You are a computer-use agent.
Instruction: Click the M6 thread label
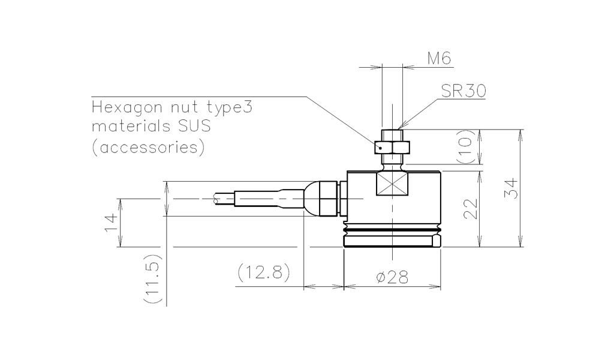pyautogui.click(x=439, y=58)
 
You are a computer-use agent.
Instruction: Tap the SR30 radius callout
pyautogui.click(x=463, y=91)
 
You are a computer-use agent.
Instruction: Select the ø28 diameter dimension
pyautogui.click(x=392, y=277)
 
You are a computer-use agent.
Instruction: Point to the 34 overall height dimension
pyautogui.click(x=511, y=188)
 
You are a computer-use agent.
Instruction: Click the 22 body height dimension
pyautogui.click(x=471, y=209)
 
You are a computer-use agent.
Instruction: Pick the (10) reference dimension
pyautogui.click(x=465, y=146)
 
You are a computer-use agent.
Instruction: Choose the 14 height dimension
pyautogui.click(x=111, y=223)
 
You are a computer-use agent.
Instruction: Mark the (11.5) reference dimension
pyautogui.click(x=152, y=278)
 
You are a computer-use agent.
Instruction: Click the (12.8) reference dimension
pyautogui.click(x=264, y=272)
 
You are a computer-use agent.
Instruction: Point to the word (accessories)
pyautogui.click(x=148, y=147)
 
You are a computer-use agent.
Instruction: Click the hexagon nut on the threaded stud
pyautogui.click(x=392, y=147)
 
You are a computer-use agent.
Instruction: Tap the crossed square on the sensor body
pyautogui.click(x=392, y=184)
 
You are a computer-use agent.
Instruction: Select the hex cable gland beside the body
pyautogui.click(x=328, y=199)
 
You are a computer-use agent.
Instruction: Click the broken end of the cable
pyautogui.click(x=216, y=199)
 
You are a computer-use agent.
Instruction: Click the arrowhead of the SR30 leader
pyautogui.click(x=400, y=126)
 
